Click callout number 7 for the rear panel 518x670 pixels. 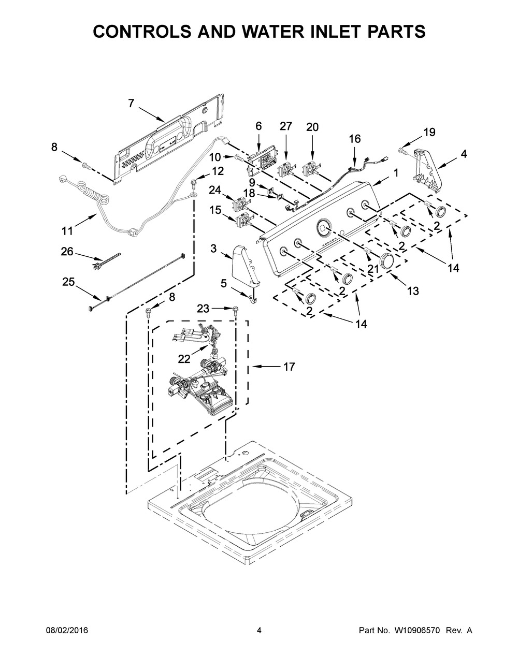(x=131, y=104)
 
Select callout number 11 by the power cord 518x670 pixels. (x=67, y=230)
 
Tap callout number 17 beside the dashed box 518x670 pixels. (x=289, y=367)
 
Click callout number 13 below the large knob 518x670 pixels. (x=412, y=291)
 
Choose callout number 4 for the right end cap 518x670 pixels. (x=464, y=153)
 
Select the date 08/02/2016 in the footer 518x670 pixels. (x=66, y=630)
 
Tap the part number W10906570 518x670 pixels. (x=415, y=630)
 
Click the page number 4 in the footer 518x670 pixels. (x=258, y=630)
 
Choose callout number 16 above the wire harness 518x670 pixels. (x=354, y=139)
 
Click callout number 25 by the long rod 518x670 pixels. (x=68, y=282)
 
